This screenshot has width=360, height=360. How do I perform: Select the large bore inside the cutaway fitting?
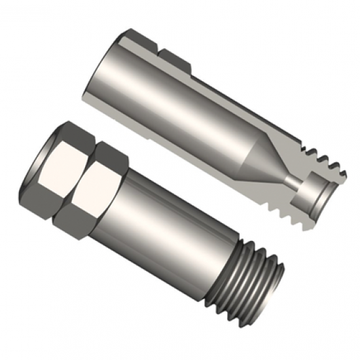[x=177, y=111]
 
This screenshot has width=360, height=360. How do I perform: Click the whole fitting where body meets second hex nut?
[x=124, y=196]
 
